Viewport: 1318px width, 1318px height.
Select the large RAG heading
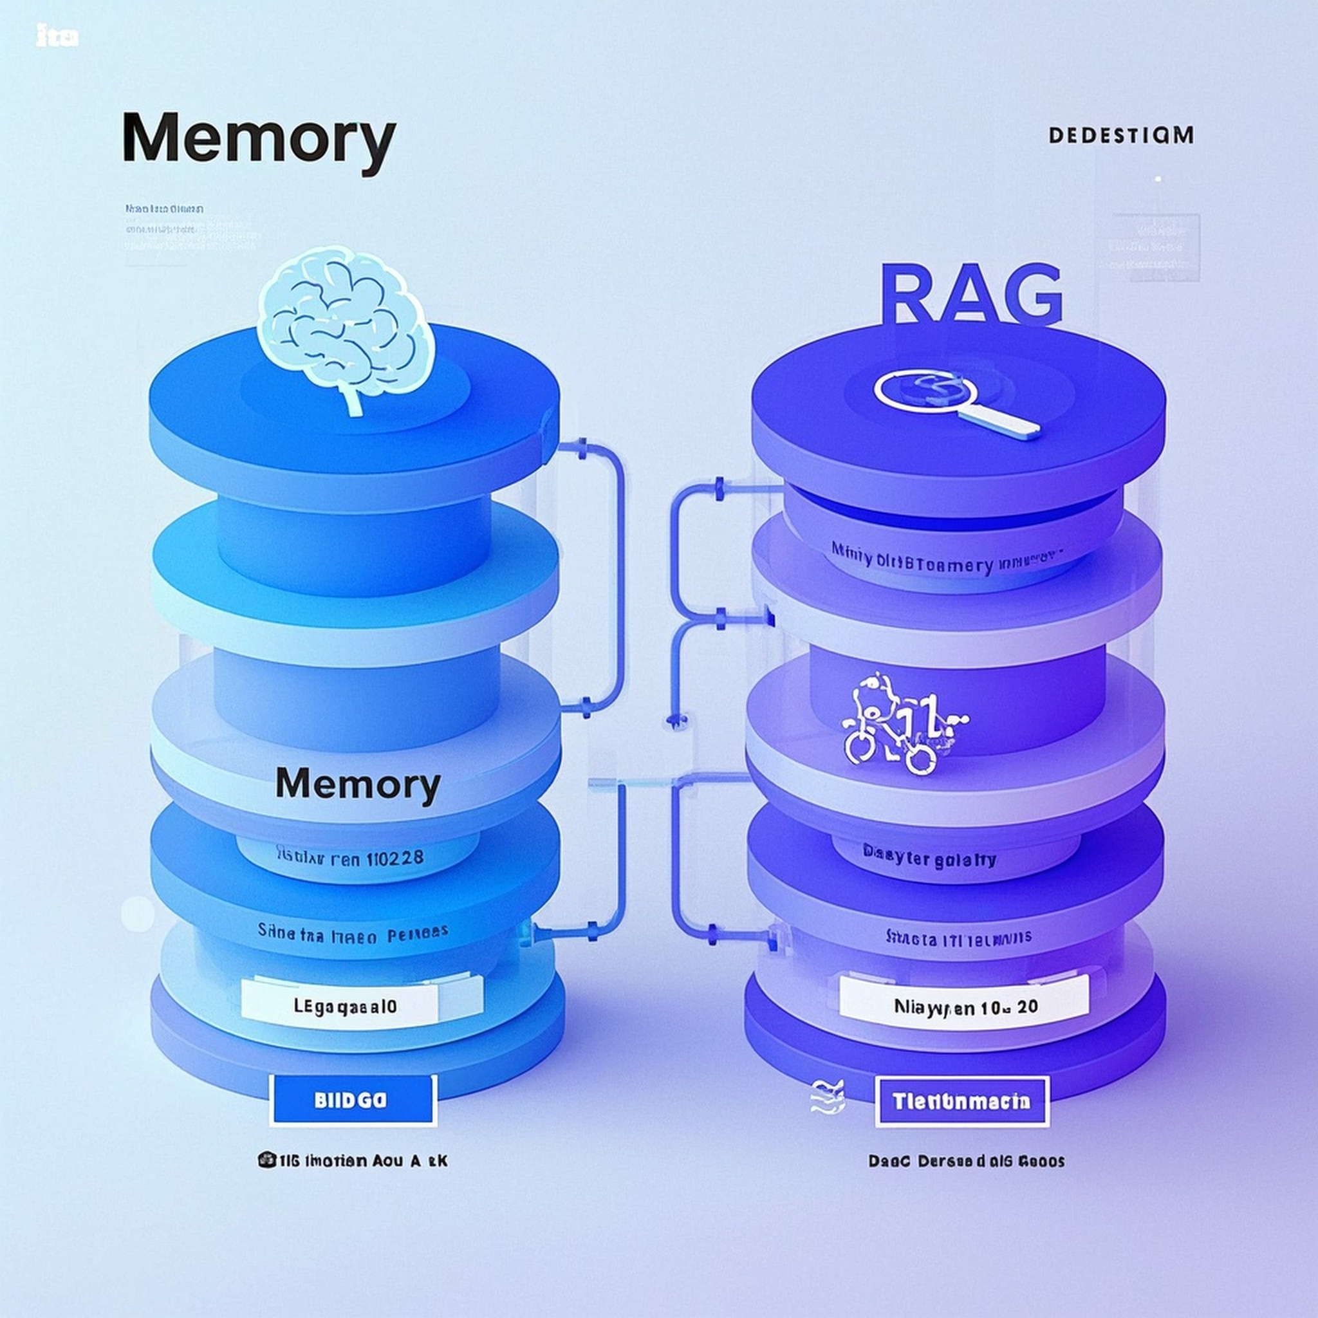point(970,295)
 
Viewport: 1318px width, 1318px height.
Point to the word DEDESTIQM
point(1121,135)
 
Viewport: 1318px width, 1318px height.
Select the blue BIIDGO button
point(353,1100)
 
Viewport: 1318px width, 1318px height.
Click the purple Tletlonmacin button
point(962,1102)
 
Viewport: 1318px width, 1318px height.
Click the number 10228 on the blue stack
point(395,857)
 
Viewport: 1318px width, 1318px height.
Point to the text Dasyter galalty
point(929,859)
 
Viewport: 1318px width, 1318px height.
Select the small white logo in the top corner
point(57,37)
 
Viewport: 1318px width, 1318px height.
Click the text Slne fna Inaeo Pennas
point(353,932)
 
